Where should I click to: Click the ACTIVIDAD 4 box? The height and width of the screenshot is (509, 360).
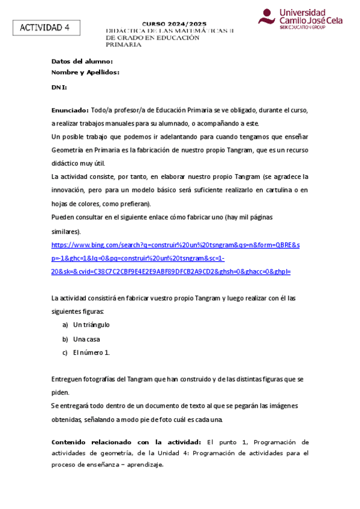[x=45, y=28]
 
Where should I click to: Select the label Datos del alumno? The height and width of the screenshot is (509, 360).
[x=82, y=61]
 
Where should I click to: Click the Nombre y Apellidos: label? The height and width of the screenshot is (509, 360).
[x=86, y=72]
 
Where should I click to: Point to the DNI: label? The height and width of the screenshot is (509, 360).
[x=59, y=87]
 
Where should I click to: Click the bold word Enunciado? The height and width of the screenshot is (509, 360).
[x=70, y=110]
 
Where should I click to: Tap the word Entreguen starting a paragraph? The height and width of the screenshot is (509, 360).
[x=69, y=379]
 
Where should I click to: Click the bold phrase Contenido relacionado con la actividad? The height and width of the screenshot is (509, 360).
[x=128, y=442]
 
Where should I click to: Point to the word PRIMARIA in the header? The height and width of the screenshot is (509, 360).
[x=124, y=45]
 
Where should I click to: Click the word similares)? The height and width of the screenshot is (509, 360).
[x=67, y=231]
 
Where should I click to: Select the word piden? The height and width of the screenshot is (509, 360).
[x=61, y=393]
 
